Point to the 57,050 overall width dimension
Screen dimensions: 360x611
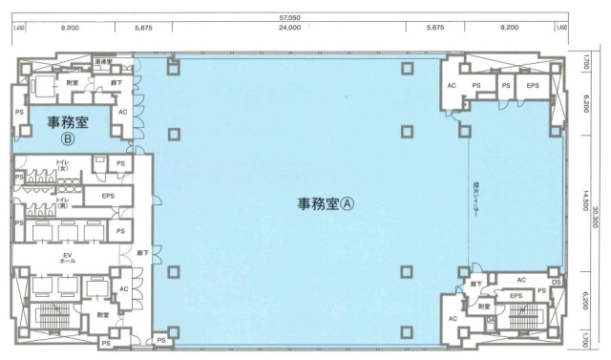point(305,16)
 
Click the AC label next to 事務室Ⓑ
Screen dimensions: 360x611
point(122,112)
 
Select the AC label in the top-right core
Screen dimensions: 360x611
point(452,87)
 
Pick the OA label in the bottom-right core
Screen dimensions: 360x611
point(490,321)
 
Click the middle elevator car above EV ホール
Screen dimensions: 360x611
point(66,232)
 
